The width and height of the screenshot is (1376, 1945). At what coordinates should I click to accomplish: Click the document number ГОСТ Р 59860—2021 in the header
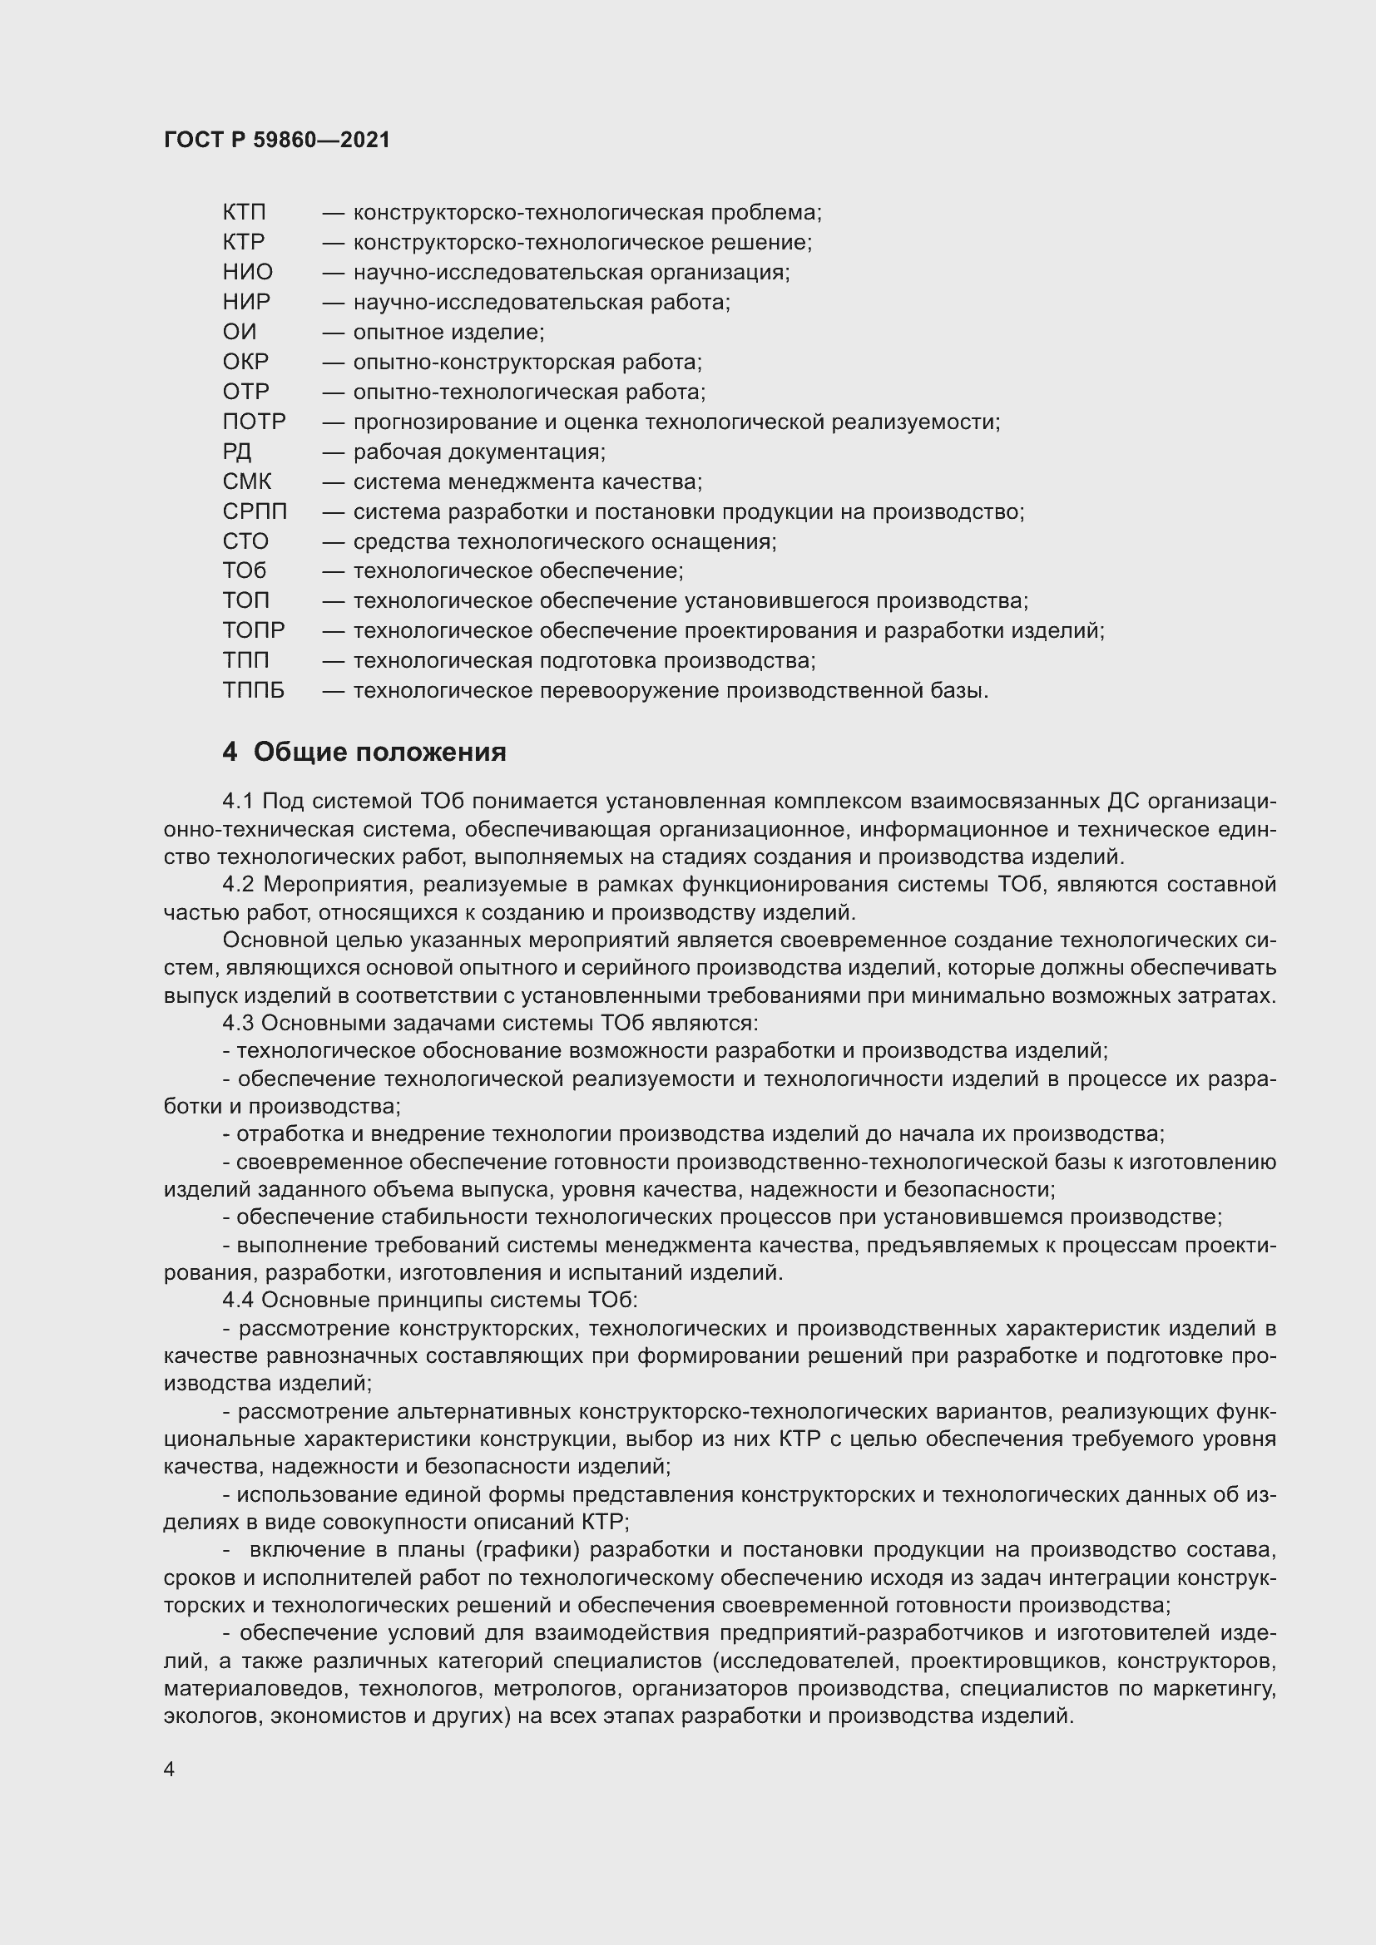(277, 140)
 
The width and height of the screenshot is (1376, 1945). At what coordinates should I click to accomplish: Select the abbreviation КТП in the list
(244, 213)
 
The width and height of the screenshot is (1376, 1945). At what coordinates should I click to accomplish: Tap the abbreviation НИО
(247, 272)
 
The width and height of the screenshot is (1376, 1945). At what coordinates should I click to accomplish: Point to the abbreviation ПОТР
(255, 422)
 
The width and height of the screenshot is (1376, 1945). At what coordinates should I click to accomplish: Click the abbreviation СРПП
(255, 511)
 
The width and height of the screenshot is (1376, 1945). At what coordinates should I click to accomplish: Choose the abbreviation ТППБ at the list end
(254, 691)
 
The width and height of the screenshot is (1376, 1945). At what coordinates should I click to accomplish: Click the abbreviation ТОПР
(254, 631)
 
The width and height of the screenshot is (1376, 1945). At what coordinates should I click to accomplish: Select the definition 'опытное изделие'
(448, 332)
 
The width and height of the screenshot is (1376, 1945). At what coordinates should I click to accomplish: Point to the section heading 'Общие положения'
(379, 753)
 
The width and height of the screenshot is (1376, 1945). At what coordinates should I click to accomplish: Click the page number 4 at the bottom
(170, 1770)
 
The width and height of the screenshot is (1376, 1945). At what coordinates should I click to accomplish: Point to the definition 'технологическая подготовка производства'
(583, 661)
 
